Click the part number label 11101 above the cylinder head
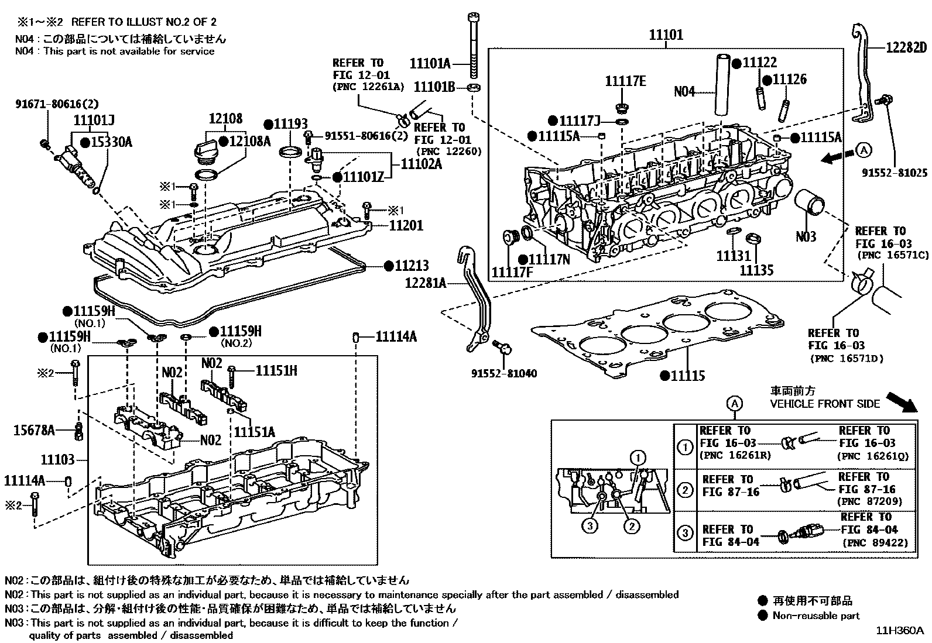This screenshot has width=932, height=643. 666,35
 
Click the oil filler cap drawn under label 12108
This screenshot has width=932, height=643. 206,151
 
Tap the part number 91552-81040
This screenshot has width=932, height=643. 504,374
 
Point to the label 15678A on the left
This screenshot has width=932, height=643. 34,431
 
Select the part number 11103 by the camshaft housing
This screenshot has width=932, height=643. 57,459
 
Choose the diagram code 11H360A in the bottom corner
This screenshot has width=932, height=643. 899,631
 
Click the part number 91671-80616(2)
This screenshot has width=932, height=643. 57,105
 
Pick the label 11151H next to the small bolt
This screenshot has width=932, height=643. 276,370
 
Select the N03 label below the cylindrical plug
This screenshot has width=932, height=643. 806,237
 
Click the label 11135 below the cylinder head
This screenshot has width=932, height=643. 756,270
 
